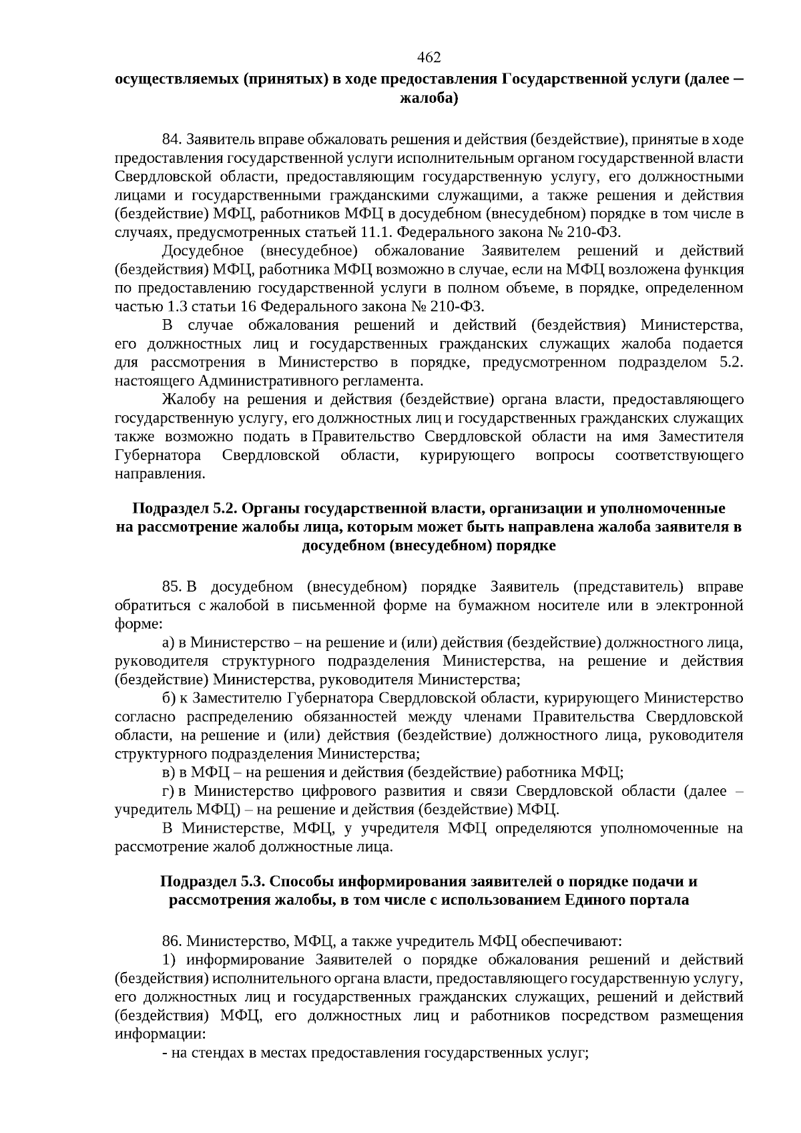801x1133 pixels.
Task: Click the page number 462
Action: tap(429, 57)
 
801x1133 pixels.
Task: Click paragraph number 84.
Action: tap(172, 140)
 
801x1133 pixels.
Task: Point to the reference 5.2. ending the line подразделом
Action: tap(728, 363)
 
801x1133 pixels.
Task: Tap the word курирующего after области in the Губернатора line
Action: tap(467, 455)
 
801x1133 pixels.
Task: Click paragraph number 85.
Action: tap(172, 587)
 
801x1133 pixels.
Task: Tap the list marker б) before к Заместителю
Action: tap(169, 698)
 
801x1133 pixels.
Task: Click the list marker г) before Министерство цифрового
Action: tap(168, 792)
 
